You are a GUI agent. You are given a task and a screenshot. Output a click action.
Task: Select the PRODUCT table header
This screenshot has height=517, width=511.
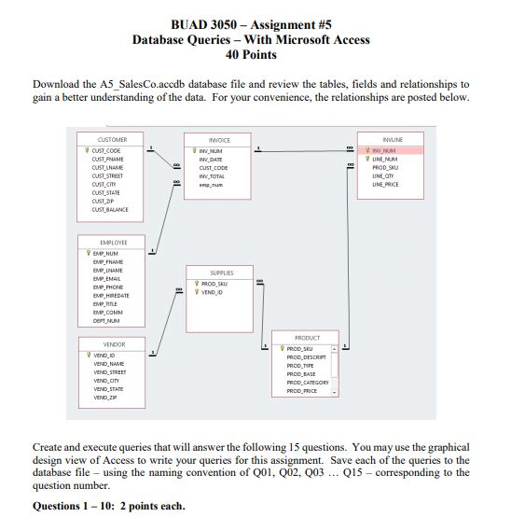coord(307,338)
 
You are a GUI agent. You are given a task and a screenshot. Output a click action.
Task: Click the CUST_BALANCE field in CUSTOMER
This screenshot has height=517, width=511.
coord(110,210)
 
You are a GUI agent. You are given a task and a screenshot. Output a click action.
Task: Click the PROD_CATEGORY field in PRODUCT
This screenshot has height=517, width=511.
coord(307,383)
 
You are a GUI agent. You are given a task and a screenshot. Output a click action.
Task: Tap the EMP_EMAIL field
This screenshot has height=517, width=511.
coord(106,279)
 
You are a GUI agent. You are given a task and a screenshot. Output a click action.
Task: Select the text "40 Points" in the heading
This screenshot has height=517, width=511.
coord(251,56)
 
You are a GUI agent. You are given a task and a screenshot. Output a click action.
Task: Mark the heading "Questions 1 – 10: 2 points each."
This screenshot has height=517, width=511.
coord(108,507)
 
